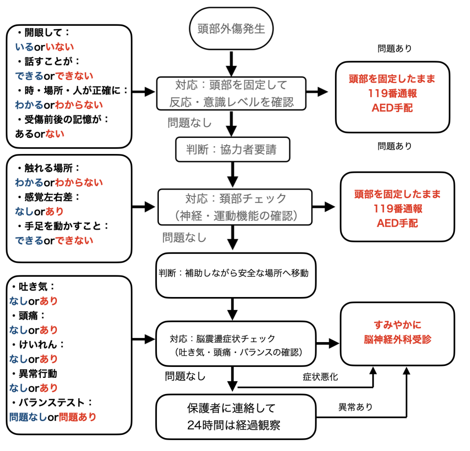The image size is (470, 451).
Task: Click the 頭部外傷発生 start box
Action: point(231,29)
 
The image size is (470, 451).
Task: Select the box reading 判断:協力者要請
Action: point(233,149)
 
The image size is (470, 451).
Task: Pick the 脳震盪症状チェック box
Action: point(236,345)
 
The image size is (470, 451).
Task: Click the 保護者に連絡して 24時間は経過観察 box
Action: point(236,416)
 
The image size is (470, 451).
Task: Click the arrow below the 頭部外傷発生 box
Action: point(232,63)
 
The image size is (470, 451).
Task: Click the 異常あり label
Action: point(355,407)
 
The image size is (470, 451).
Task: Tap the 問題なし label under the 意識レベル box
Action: point(190,123)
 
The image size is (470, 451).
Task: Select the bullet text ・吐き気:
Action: point(33,287)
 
